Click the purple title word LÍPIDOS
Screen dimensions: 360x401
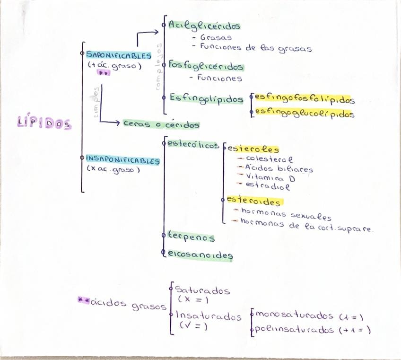[x=44, y=124]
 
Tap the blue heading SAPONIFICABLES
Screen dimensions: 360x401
[x=119, y=55]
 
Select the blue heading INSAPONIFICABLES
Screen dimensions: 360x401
[x=123, y=160]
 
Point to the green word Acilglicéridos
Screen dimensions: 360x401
[x=204, y=26]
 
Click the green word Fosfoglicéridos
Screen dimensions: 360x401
[x=206, y=67]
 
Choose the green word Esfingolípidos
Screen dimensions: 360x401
[x=207, y=98]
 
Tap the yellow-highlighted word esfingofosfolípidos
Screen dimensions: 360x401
[x=305, y=100]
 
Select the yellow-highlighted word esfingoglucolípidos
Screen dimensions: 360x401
[x=305, y=114]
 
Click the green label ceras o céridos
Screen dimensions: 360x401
[x=161, y=124]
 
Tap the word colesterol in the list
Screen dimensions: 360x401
[x=269, y=159]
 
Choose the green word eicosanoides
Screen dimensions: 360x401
[x=200, y=255]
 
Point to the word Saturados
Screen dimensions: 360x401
[x=202, y=290]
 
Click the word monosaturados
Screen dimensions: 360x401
[x=296, y=316]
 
